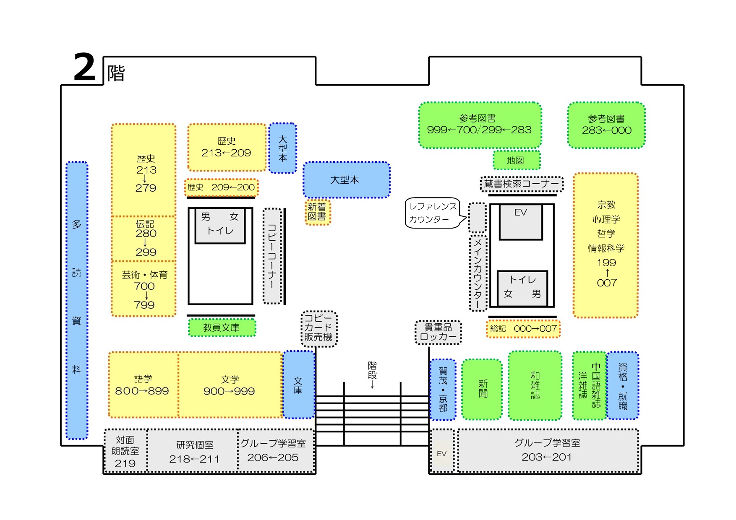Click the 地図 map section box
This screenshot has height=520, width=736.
click(x=516, y=160)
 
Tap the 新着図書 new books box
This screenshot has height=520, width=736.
click(x=318, y=212)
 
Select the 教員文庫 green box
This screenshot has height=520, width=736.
click(x=222, y=328)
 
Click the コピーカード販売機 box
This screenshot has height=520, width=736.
click(x=318, y=328)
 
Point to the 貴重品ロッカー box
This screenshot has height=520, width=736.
click(x=438, y=332)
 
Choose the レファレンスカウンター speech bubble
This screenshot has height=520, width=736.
click(x=433, y=213)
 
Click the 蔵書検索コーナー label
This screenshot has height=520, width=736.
click(x=521, y=184)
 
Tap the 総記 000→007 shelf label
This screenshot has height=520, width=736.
click(x=523, y=329)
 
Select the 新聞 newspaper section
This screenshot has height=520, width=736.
click(x=482, y=389)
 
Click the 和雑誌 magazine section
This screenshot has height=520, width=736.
click(x=535, y=385)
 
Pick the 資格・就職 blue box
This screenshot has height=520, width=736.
click(x=623, y=385)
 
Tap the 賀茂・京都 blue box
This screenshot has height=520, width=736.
click(x=443, y=390)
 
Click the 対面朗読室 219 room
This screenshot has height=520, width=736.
click(x=125, y=451)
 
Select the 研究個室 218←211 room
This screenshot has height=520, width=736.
click(x=194, y=451)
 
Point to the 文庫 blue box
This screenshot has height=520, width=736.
click(x=298, y=385)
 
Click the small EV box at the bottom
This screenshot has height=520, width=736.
click(x=442, y=453)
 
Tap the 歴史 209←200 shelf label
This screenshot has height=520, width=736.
click(x=221, y=187)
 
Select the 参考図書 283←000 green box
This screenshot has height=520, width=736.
click(x=606, y=125)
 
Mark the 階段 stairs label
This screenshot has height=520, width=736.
click(x=372, y=371)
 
